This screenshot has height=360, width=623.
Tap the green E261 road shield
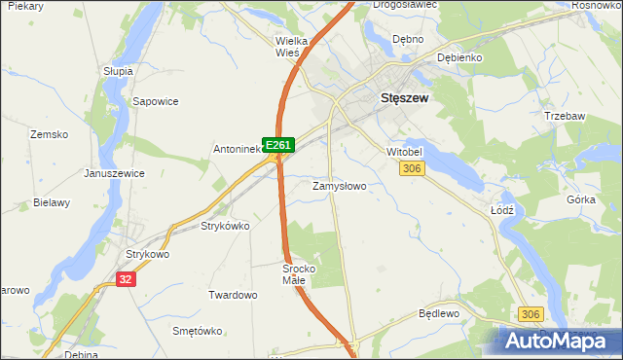tap(278, 145)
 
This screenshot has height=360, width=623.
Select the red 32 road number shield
tap(125, 277)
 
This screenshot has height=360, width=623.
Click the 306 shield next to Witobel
tap(412, 169)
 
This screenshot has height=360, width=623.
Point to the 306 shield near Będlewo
tap(531, 313)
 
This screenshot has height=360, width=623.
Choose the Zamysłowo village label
tap(339, 185)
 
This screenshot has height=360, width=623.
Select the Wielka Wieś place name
tap(292, 47)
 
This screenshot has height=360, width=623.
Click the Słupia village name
tap(118, 71)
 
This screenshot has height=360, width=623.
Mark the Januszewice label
tap(114, 173)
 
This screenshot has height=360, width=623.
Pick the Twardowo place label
tap(233, 294)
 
